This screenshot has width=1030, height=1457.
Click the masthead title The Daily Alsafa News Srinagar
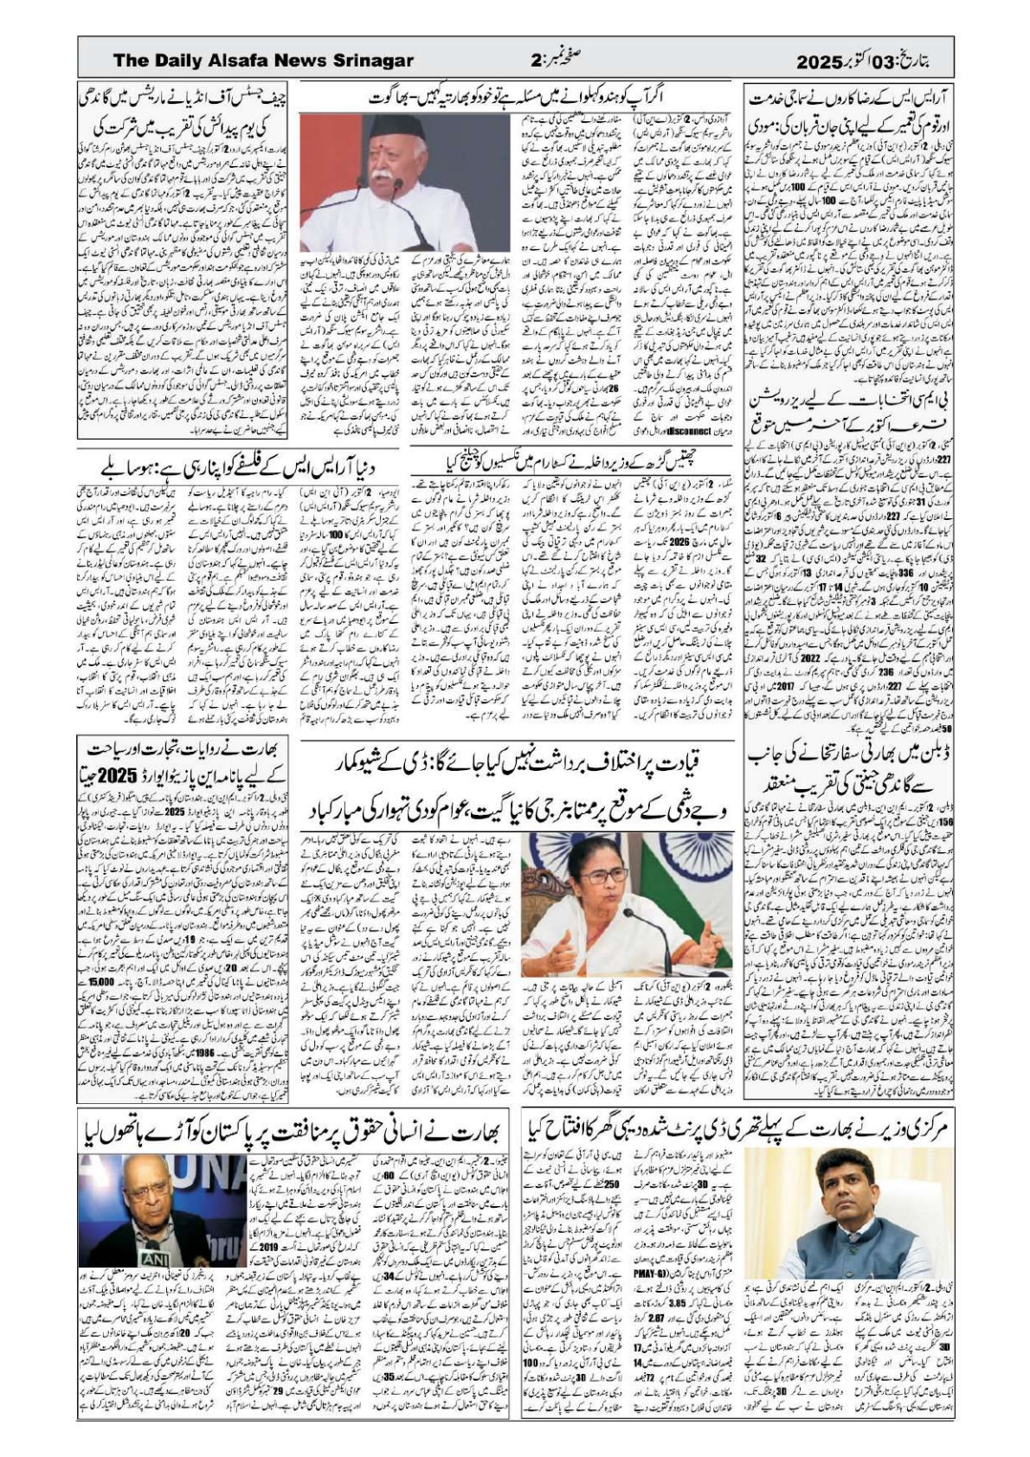263,61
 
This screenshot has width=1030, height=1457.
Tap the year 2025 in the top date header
819,61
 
